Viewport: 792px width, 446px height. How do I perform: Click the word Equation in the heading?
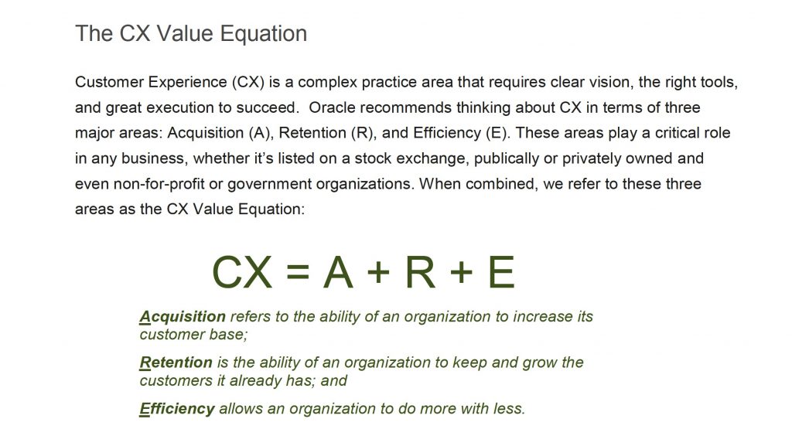264,35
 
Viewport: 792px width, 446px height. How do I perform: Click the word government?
269,185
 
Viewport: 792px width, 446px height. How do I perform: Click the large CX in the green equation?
242,272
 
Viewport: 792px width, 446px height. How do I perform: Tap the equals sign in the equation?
298,272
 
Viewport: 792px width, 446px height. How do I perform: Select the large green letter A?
338,272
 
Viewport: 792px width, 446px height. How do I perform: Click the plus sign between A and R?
379,272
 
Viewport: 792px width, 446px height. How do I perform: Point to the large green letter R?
420,272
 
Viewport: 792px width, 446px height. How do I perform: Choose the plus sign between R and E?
461,272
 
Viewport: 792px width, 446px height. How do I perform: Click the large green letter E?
501,272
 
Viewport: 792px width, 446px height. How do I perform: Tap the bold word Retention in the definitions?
176,363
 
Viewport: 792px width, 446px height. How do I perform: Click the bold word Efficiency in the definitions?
177,409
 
